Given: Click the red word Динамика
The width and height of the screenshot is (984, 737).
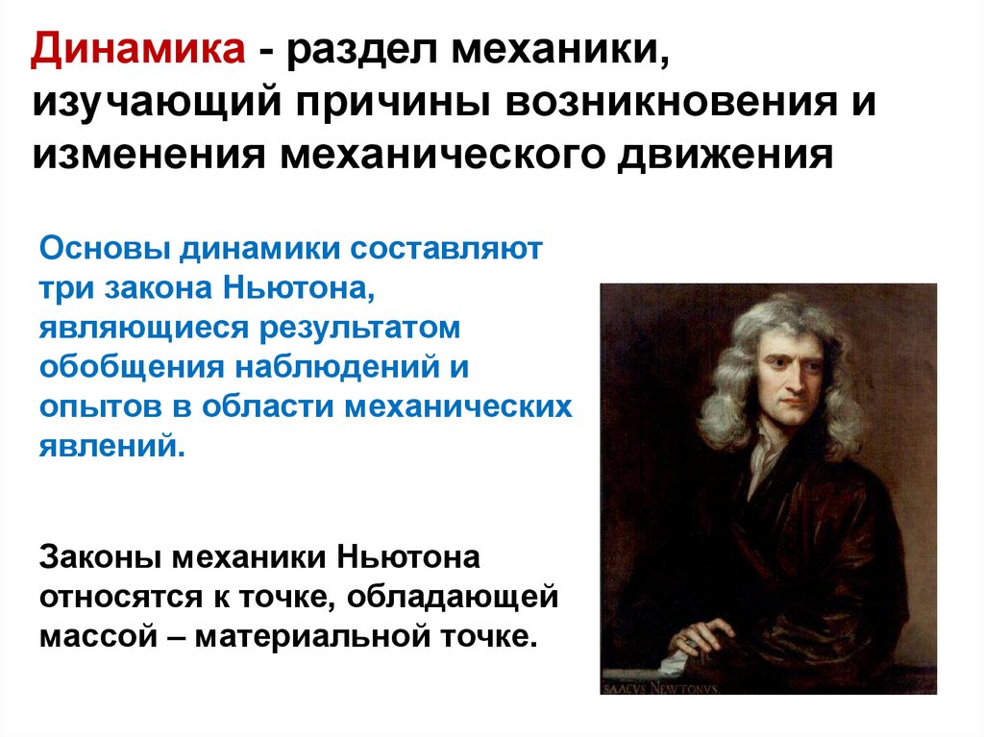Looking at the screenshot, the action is pyautogui.click(x=138, y=49).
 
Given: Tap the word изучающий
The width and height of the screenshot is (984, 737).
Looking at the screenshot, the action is pyautogui.click(x=157, y=103).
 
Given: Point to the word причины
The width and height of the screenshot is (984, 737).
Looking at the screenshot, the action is pyautogui.click(x=393, y=103).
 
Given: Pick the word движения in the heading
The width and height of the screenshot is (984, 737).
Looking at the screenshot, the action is pyautogui.click(x=726, y=155).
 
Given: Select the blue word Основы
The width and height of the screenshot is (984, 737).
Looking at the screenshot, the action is pyautogui.click(x=105, y=249).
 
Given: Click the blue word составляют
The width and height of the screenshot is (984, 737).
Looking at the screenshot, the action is pyautogui.click(x=446, y=249).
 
